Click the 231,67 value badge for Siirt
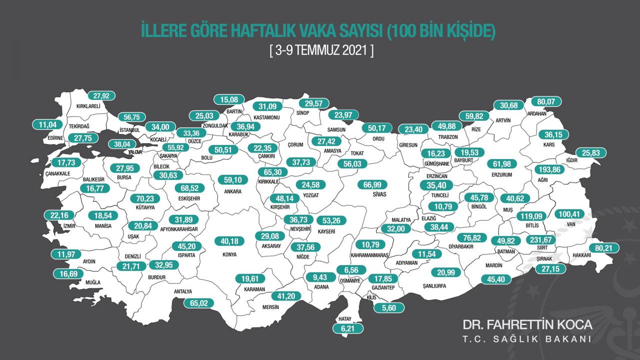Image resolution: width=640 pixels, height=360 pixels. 539,239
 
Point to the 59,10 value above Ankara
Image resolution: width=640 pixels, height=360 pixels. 234,179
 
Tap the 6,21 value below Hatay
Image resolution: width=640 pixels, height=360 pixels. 348,328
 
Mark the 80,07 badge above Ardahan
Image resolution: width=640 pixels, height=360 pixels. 546,101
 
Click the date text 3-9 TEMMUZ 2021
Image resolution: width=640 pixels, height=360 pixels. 320,51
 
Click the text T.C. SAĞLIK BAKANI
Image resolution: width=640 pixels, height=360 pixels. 527,339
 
